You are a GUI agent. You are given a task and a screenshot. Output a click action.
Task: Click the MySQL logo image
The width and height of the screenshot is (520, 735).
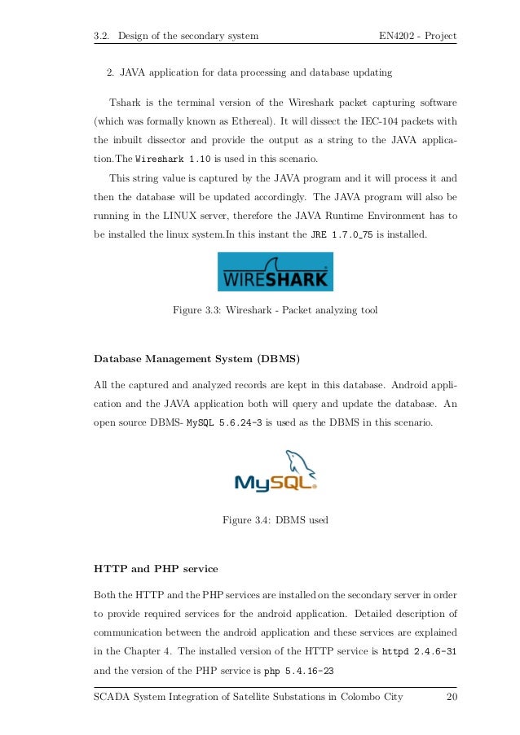pos(275,473)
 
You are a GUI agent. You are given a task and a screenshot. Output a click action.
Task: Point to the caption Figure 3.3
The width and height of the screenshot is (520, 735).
pos(275,310)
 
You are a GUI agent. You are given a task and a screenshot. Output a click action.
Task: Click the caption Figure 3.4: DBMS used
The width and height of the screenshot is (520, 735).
pos(275,518)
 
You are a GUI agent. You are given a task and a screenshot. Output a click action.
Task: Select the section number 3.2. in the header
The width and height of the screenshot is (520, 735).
pos(102,37)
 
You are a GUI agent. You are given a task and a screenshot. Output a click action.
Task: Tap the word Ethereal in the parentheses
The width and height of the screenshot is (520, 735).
pos(249,121)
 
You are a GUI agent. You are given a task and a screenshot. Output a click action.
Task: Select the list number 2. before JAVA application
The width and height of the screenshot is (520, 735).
pos(111,73)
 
